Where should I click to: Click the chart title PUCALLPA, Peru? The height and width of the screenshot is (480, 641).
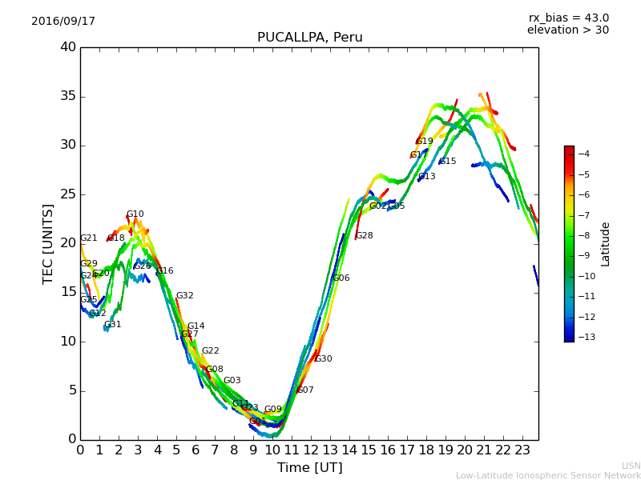click(309, 38)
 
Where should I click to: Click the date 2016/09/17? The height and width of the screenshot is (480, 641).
click(63, 22)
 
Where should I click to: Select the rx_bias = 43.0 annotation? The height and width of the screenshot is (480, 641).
click(568, 18)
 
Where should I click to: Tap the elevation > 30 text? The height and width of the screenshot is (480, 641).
click(567, 30)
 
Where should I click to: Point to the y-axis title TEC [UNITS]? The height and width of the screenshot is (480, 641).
click(48, 243)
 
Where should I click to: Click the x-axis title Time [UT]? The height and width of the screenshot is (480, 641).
click(309, 467)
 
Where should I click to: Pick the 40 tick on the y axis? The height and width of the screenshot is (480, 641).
click(68, 47)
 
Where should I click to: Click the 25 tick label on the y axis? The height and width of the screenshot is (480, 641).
click(68, 194)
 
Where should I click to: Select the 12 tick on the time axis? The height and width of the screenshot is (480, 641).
click(310, 450)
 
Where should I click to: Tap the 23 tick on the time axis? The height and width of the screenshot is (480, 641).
click(522, 450)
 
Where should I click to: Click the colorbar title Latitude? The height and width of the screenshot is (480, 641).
click(606, 244)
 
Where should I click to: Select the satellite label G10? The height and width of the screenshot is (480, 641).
click(135, 214)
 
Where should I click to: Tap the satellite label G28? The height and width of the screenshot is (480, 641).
click(364, 236)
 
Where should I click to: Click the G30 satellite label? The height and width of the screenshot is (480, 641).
click(323, 359)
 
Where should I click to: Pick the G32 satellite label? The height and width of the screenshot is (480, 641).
click(184, 296)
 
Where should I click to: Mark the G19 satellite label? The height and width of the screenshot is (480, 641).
click(424, 142)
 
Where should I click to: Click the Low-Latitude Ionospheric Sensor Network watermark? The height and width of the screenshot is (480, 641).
click(548, 475)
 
